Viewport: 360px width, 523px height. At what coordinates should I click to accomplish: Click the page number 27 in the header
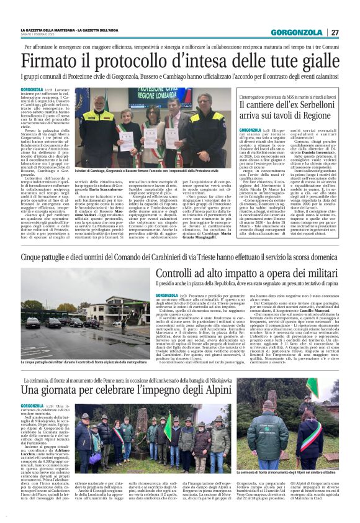click(x=335, y=32)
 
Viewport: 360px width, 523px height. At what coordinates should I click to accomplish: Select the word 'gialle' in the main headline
click(x=310, y=61)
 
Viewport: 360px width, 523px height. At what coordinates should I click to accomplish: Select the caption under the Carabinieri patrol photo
click(x=84, y=362)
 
